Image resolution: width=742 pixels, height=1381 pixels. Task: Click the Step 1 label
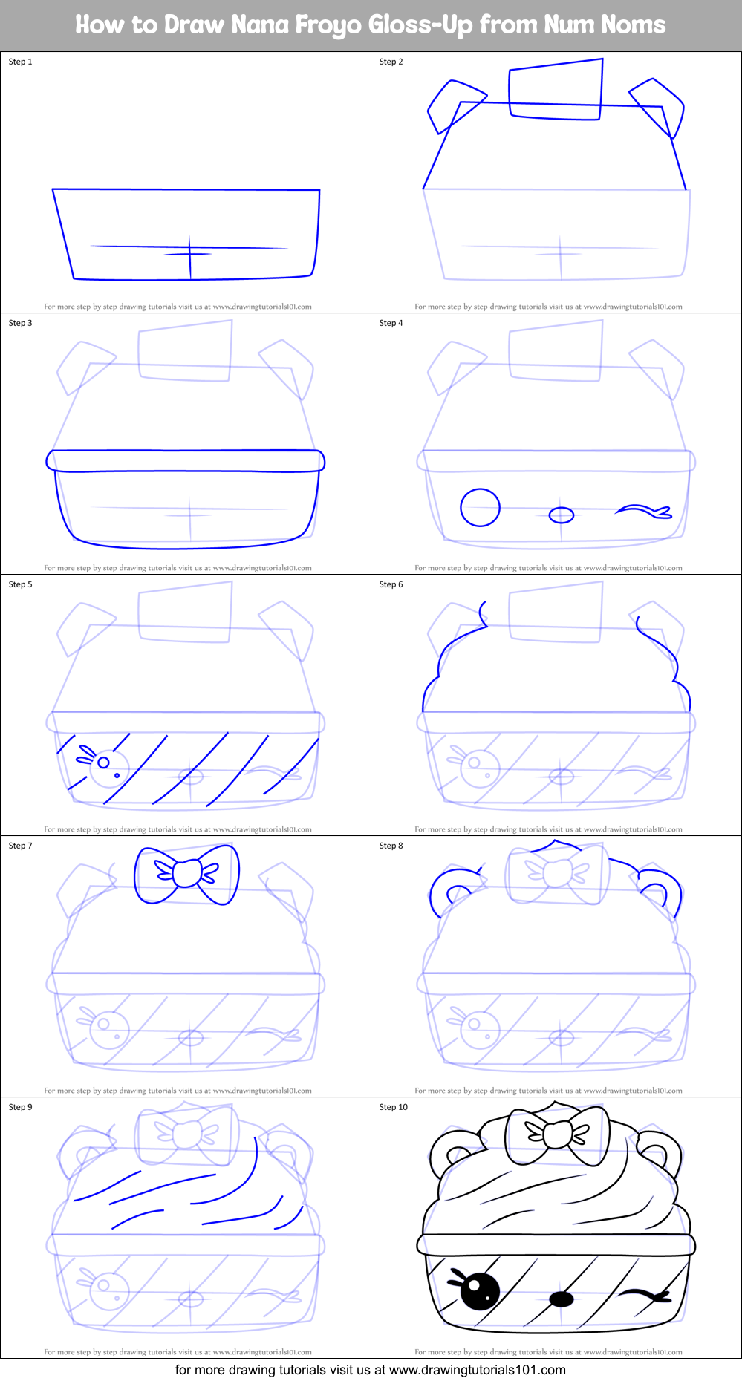coord(20,62)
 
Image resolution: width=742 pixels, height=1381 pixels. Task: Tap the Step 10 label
coord(393,1107)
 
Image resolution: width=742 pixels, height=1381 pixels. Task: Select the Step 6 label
coord(391,584)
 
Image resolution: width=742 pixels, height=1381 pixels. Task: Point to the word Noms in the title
coord(633,25)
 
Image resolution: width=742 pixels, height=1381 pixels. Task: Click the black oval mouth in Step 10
coord(562,1299)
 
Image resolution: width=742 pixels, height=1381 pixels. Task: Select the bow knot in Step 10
coord(557,1134)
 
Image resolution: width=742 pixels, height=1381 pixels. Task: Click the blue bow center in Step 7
coord(186,873)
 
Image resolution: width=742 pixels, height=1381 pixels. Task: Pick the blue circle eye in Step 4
coord(480,508)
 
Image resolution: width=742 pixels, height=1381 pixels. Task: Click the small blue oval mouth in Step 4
coord(562,515)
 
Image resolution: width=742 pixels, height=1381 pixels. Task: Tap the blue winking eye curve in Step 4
coord(643,511)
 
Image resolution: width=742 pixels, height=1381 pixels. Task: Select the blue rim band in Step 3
coord(186,460)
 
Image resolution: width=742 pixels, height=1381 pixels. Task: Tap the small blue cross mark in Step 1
coord(189,254)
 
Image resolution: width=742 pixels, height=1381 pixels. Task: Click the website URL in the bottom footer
coord(477,1370)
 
